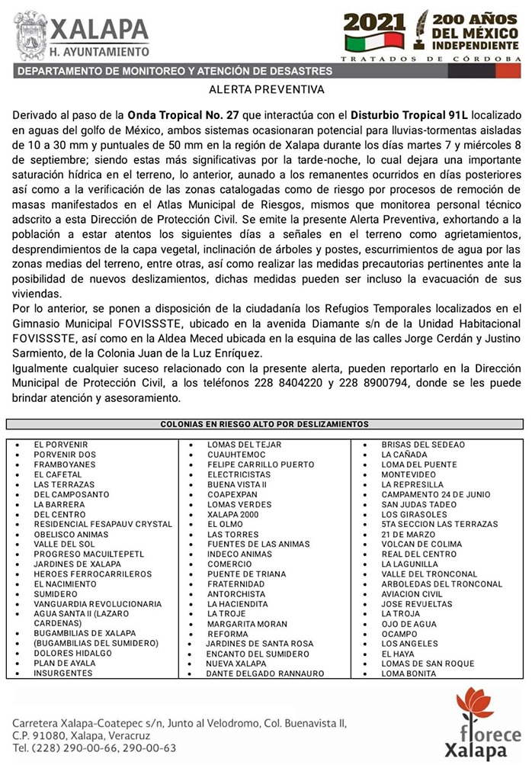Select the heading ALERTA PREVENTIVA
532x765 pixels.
tap(266, 89)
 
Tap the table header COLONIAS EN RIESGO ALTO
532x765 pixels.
tap(264, 424)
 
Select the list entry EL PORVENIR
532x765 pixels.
tap(61, 445)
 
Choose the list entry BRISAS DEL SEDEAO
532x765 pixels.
tap(423, 445)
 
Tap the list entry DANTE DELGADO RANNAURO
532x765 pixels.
tap(264, 673)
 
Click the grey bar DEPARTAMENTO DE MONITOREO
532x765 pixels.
tap(175, 72)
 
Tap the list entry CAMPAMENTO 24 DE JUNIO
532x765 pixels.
tap(435, 494)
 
